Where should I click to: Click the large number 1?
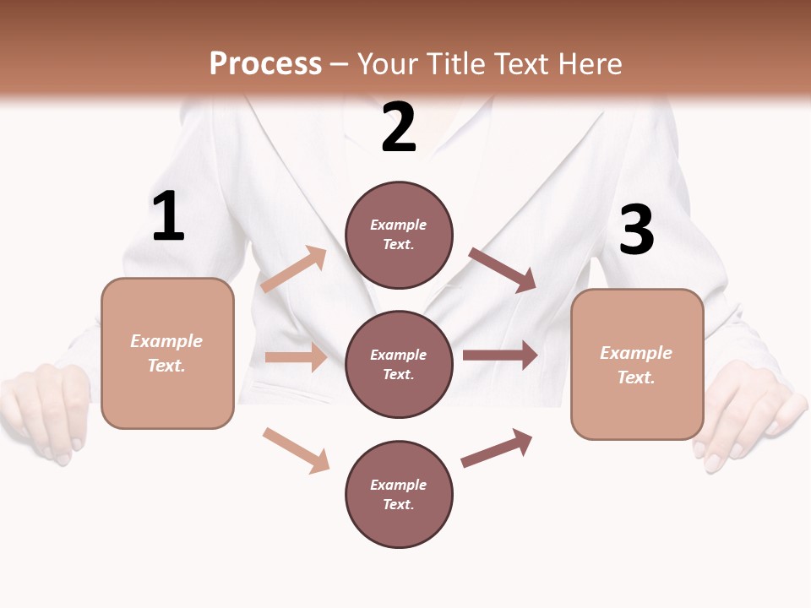168,217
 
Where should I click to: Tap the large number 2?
399,128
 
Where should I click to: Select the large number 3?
636,231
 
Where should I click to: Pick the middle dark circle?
399,364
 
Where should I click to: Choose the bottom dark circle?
399,494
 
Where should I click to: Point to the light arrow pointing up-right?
294,269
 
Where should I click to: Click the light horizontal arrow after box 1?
296,357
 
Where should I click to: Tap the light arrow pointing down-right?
296,449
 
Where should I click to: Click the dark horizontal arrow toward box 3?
499,355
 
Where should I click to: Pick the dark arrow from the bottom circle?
497,448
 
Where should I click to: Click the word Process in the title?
265,63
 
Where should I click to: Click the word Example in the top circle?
399,225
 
